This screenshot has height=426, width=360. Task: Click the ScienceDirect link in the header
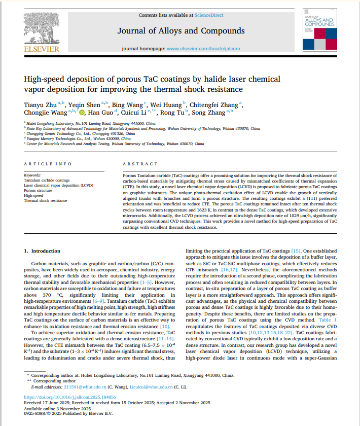(209, 16)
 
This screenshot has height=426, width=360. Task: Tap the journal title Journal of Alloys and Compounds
(181, 31)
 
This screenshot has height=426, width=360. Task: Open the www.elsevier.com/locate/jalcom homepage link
(202, 49)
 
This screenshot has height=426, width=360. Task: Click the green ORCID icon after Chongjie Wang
(83, 113)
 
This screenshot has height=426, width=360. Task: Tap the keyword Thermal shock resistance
(46, 201)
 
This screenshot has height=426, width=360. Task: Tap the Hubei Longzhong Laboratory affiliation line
(91, 123)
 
